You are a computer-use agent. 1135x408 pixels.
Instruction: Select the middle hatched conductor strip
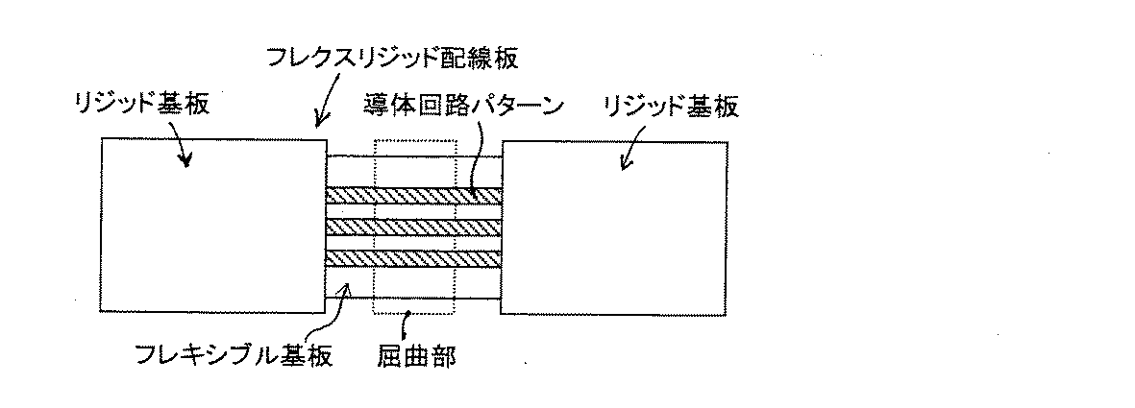coord(413,228)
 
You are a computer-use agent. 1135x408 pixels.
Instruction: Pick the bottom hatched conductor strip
coord(413,258)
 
